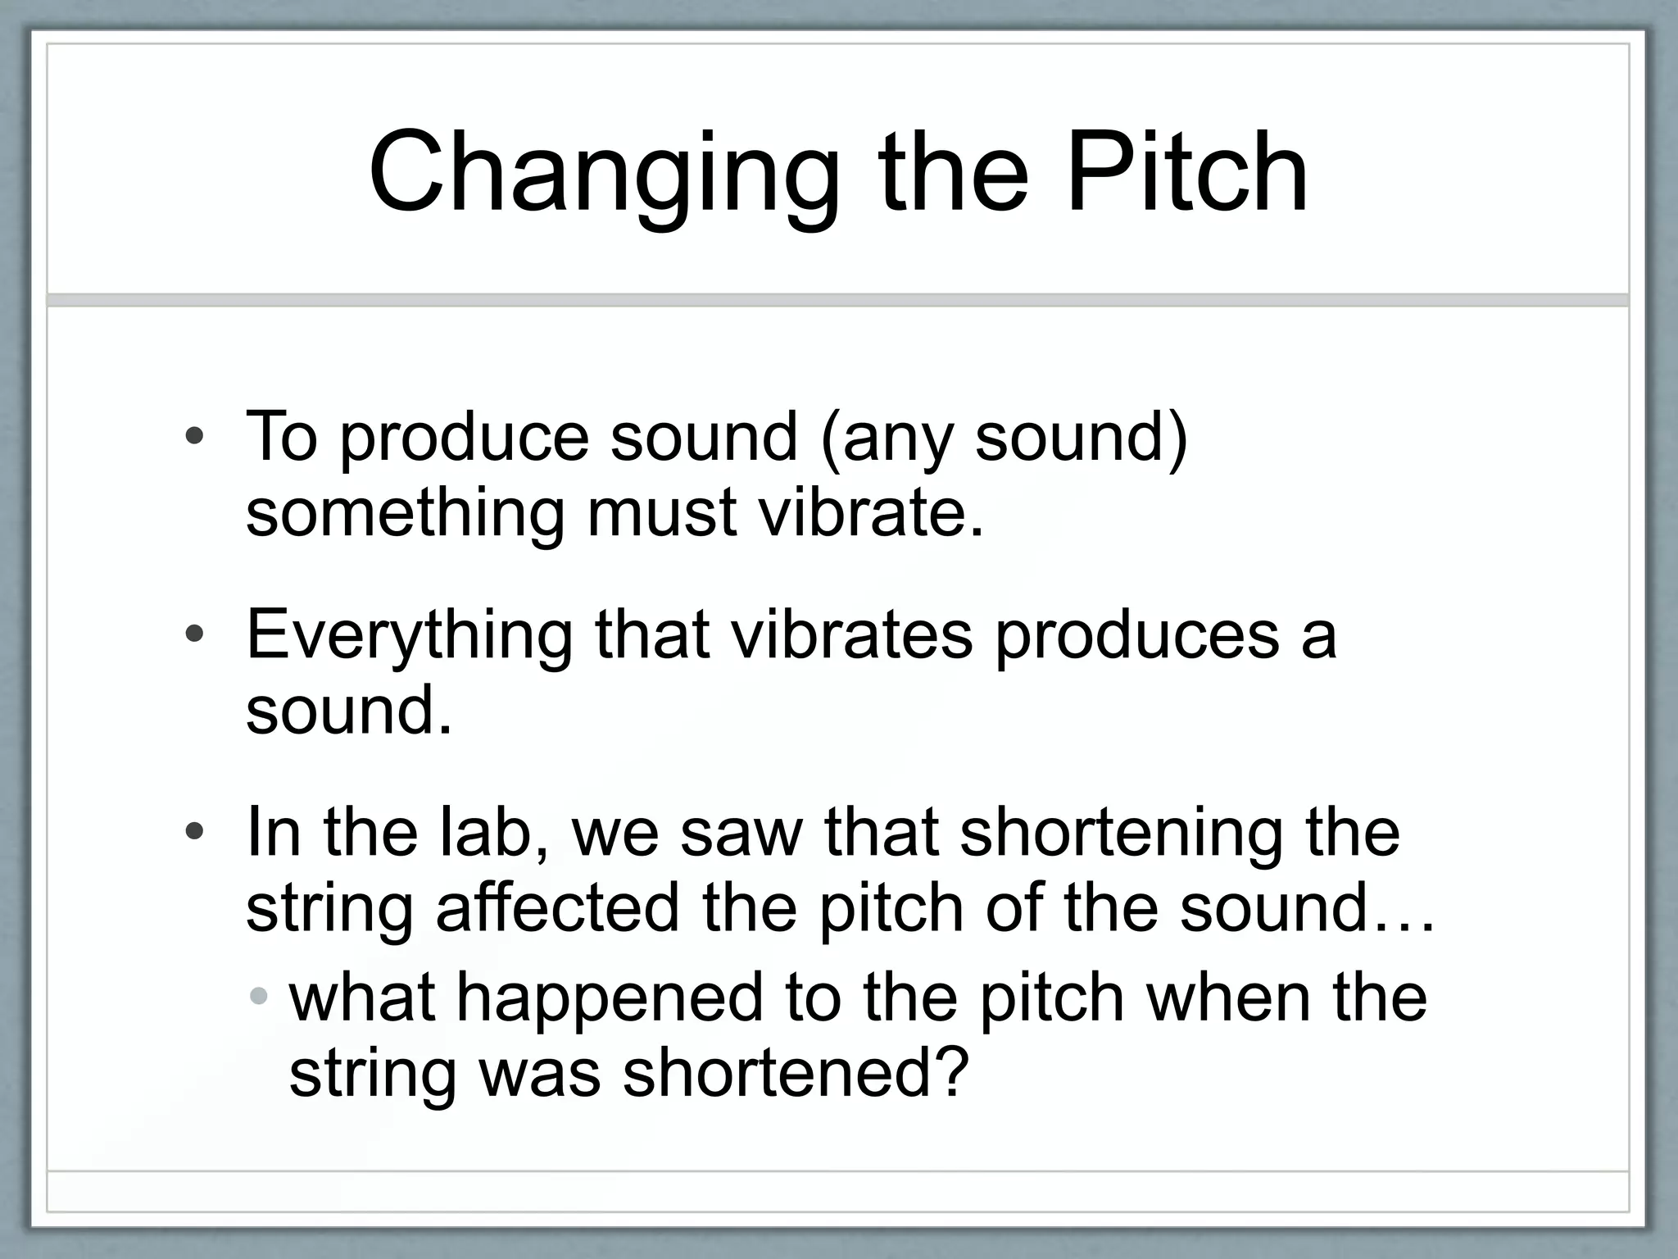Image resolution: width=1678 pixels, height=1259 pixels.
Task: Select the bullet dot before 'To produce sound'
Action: coord(194,437)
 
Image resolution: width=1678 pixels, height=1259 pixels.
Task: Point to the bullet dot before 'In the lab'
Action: coord(194,833)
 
